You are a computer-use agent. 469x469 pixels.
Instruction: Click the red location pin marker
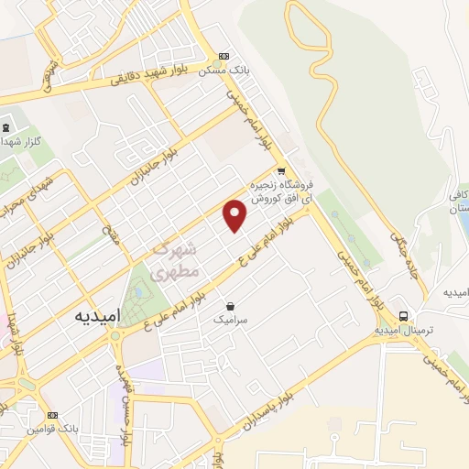coord(236,215)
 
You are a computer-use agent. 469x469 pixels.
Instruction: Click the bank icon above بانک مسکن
coord(224,58)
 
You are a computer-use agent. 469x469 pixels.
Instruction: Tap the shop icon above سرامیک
coord(230,306)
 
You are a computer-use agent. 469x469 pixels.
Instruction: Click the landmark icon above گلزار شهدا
coord(6,127)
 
